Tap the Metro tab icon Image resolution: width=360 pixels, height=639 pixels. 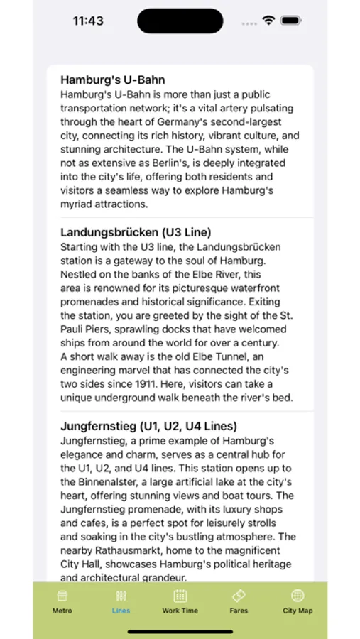click(62, 596)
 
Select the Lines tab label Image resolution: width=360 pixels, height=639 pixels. click(121, 611)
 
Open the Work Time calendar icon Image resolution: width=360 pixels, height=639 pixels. click(180, 596)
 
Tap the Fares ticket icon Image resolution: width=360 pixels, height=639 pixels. click(239, 596)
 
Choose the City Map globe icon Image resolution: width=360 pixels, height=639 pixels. click(298, 596)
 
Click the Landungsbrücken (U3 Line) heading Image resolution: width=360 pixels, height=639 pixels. click(136, 232)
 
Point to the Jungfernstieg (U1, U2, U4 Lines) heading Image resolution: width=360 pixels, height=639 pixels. click(148, 426)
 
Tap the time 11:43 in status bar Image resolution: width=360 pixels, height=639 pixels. click(88, 21)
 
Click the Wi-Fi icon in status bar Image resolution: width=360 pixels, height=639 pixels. click(268, 21)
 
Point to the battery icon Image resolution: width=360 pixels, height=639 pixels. click(290, 21)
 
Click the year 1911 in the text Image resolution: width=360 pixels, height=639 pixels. click(146, 384)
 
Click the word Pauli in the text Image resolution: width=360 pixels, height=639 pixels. click(75, 329)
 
